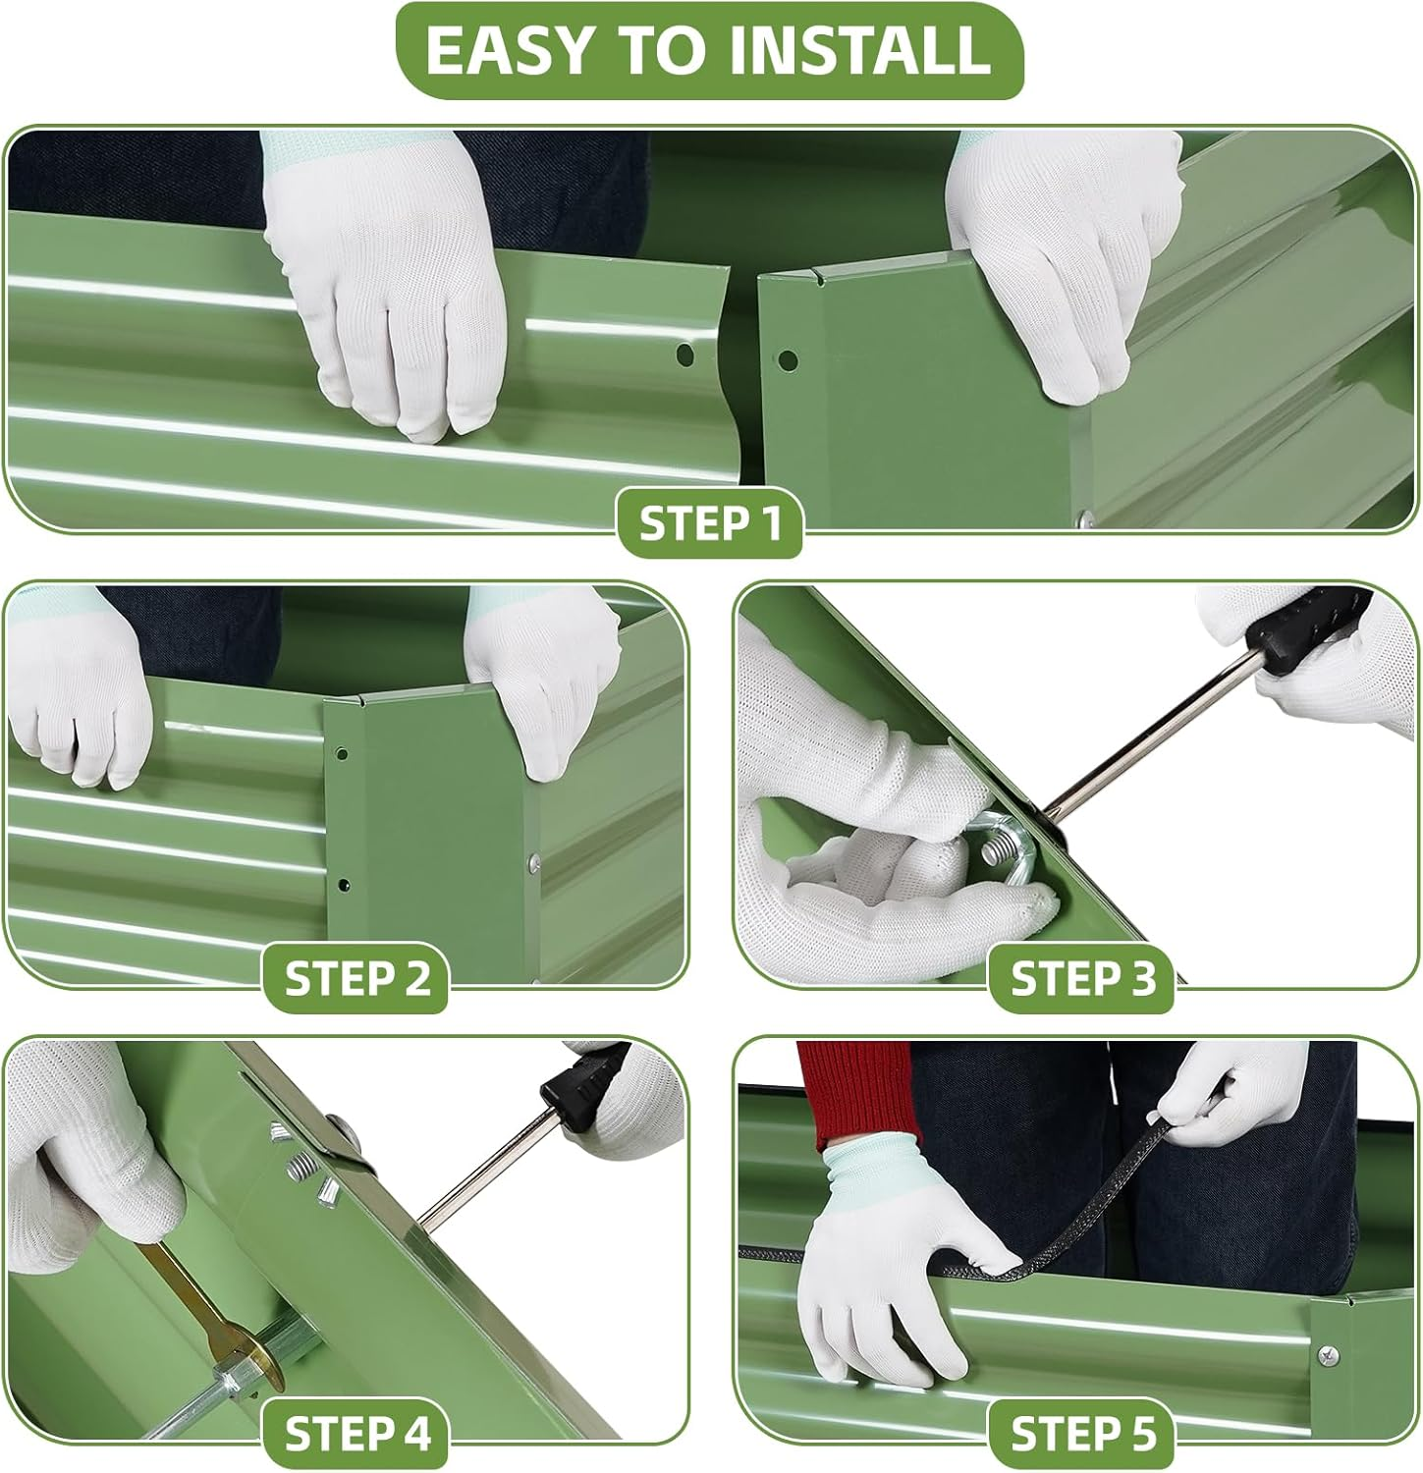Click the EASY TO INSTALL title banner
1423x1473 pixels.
[x=709, y=51]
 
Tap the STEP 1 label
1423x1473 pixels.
[x=709, y=522]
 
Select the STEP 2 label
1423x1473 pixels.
[x=356, y=978]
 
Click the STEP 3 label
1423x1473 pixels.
[x=1082, y=978]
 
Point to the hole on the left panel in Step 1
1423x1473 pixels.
[x=685, y=355]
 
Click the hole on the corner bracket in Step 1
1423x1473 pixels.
[x=787, y=360]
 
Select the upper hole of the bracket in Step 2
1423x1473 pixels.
[x=341, y=755]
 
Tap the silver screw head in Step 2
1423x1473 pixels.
[x=533, y=863]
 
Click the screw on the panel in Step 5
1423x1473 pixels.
[x=1330, y=1355]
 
